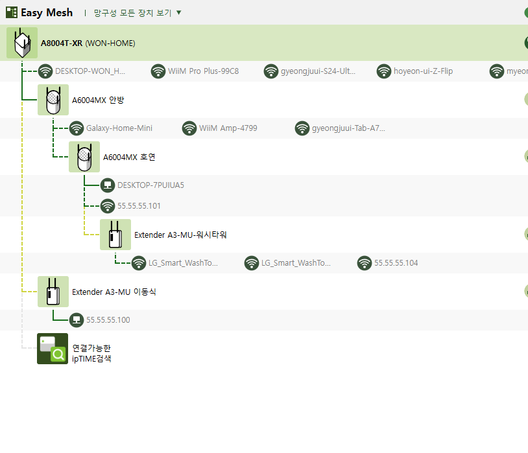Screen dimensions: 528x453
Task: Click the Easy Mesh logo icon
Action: pos(12,12)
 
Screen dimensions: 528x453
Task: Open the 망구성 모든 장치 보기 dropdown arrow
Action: pos(179,12)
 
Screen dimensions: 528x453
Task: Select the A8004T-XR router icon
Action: pos(22,43)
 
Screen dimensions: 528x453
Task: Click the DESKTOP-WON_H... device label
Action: pos(90,71)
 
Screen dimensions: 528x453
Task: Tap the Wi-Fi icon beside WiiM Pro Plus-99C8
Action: pos(158,71)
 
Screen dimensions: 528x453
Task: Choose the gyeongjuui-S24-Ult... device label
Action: pos(318,71)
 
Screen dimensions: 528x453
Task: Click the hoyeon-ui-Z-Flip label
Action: pos(424,71)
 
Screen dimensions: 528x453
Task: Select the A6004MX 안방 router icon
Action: pos(53,100)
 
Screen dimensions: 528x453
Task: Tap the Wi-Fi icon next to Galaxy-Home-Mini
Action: pos(77,128)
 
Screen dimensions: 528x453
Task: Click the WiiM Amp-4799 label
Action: pos(228,128)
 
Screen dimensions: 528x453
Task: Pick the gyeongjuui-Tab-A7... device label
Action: pos(348,128)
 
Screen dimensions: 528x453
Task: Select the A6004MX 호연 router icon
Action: pos(84,157)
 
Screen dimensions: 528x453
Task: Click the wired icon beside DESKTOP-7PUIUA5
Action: pos(108,185)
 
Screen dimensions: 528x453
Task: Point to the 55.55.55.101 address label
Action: pos(139,206)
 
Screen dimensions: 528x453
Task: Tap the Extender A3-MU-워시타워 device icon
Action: pos(115,235)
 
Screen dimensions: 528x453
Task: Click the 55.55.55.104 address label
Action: pos(396,263)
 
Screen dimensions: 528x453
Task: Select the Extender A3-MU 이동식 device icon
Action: pos(53,292)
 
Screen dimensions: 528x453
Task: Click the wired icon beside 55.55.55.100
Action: pos(77,319)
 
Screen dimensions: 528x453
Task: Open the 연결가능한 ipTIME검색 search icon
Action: pos(53,349)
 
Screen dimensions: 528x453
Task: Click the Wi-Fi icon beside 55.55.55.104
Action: pos(365,263)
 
